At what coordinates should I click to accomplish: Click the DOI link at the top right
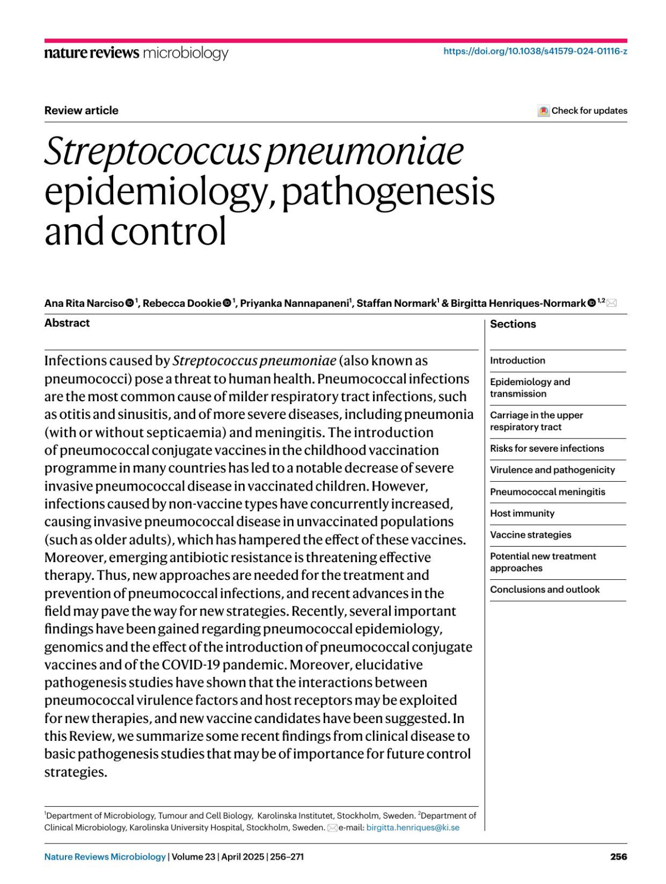pyautogui.click(x=535, y=52)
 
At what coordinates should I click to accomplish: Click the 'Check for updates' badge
pyautogui.click(x=583, y=110)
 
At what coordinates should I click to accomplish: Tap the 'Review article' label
pyautogui.click(x=81, y=110)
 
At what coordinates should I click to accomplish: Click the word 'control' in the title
pyautogui.click(x=168, y=231)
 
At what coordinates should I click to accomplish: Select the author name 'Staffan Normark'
pyautogui.click(x=396, y=303)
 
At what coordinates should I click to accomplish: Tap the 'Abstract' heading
pyautogui.click(x=67, y=323)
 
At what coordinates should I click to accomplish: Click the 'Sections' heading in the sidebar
pyautogui.click(x=513, y=324)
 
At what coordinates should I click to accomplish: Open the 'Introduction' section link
pyautogui.click(x=517, y=361)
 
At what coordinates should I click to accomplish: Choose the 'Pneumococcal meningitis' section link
pyautogui.click(x=547, y=492)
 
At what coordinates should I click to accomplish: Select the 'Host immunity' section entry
pyautogui.click(x=522, y=513)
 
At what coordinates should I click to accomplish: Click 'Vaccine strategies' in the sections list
pyautogui.click(x=530, y=535)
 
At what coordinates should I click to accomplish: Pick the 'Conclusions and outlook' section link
pyautogui.click(x=544, y=589)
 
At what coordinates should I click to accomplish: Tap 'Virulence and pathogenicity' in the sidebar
pyautogui.click(x=552, y=470)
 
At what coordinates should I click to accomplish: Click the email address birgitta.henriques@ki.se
pyautogui.click(x=413, y=827)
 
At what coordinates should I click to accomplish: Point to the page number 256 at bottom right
pyautogui.click(x=618, y=857)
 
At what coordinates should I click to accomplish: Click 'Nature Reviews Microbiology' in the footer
pyautogui.click(x=105, y=857)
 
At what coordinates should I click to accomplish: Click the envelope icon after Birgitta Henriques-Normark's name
pyautogui.click(x=612, y=303)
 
